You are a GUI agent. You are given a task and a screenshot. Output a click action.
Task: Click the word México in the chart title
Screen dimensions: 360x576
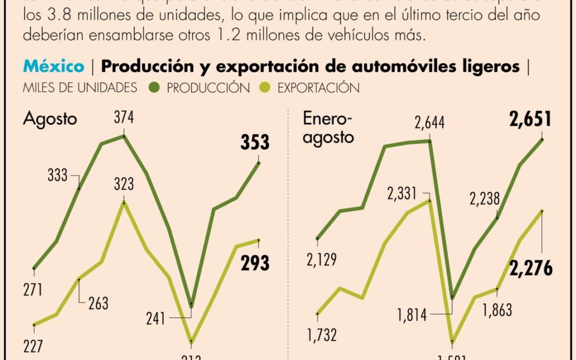[x=53, y=67]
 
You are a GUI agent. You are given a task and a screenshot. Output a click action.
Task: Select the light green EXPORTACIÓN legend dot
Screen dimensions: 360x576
[x=264, y=87]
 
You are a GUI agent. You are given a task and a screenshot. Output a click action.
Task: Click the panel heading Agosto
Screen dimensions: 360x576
[x=50, y=119]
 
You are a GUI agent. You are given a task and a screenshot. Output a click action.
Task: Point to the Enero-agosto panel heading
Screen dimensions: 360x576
[x=328, y=127]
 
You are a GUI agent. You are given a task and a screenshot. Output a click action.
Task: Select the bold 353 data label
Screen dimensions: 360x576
[x=254, y=143]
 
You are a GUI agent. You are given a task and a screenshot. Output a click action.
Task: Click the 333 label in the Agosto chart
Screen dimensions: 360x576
[x=57, y=175]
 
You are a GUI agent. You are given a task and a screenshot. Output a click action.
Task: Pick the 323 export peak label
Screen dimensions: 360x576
[x=123, y=185]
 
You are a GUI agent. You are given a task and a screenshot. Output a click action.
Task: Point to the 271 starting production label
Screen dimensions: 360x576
[x=33, y=290]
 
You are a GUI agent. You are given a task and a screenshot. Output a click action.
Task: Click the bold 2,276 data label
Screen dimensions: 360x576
[x=530, y=269]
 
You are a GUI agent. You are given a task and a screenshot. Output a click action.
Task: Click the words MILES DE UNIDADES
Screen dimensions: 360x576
[x=79, y=87]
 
